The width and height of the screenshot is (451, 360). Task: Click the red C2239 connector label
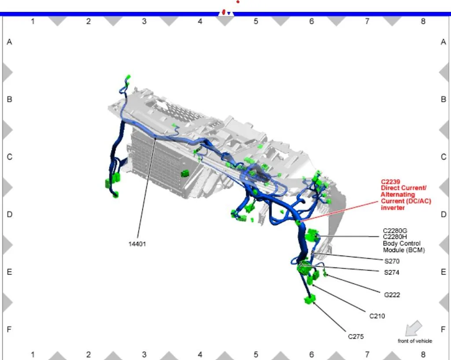point(390,182)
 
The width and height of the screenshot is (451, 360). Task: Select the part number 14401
point(137,244)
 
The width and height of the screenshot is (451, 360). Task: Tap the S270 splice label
point(392,261)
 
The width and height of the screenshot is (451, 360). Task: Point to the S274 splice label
point(392,272)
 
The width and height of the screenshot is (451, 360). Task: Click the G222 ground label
point(392,295)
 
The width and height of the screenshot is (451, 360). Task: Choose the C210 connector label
point(377,316)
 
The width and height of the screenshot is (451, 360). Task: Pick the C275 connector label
point(356,337)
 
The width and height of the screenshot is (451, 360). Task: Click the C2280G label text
point(395,231)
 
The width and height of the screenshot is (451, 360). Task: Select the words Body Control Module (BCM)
point(404,247)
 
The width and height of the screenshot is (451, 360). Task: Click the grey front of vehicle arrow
point(413,328)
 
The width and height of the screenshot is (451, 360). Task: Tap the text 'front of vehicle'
point(415,341)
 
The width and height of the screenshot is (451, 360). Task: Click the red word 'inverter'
point(392,208)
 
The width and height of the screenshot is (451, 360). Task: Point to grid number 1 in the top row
point(33,21)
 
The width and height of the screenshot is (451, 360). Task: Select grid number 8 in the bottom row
point(423,354)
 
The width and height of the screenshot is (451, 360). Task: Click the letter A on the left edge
point(9,42)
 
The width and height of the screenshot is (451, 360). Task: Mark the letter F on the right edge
point(443,329)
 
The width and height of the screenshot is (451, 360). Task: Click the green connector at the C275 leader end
point(310,300)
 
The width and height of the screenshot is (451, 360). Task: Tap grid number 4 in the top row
point(200,21)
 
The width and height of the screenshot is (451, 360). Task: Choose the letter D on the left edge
point(10,215)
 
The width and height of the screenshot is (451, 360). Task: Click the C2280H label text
point(395,237)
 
